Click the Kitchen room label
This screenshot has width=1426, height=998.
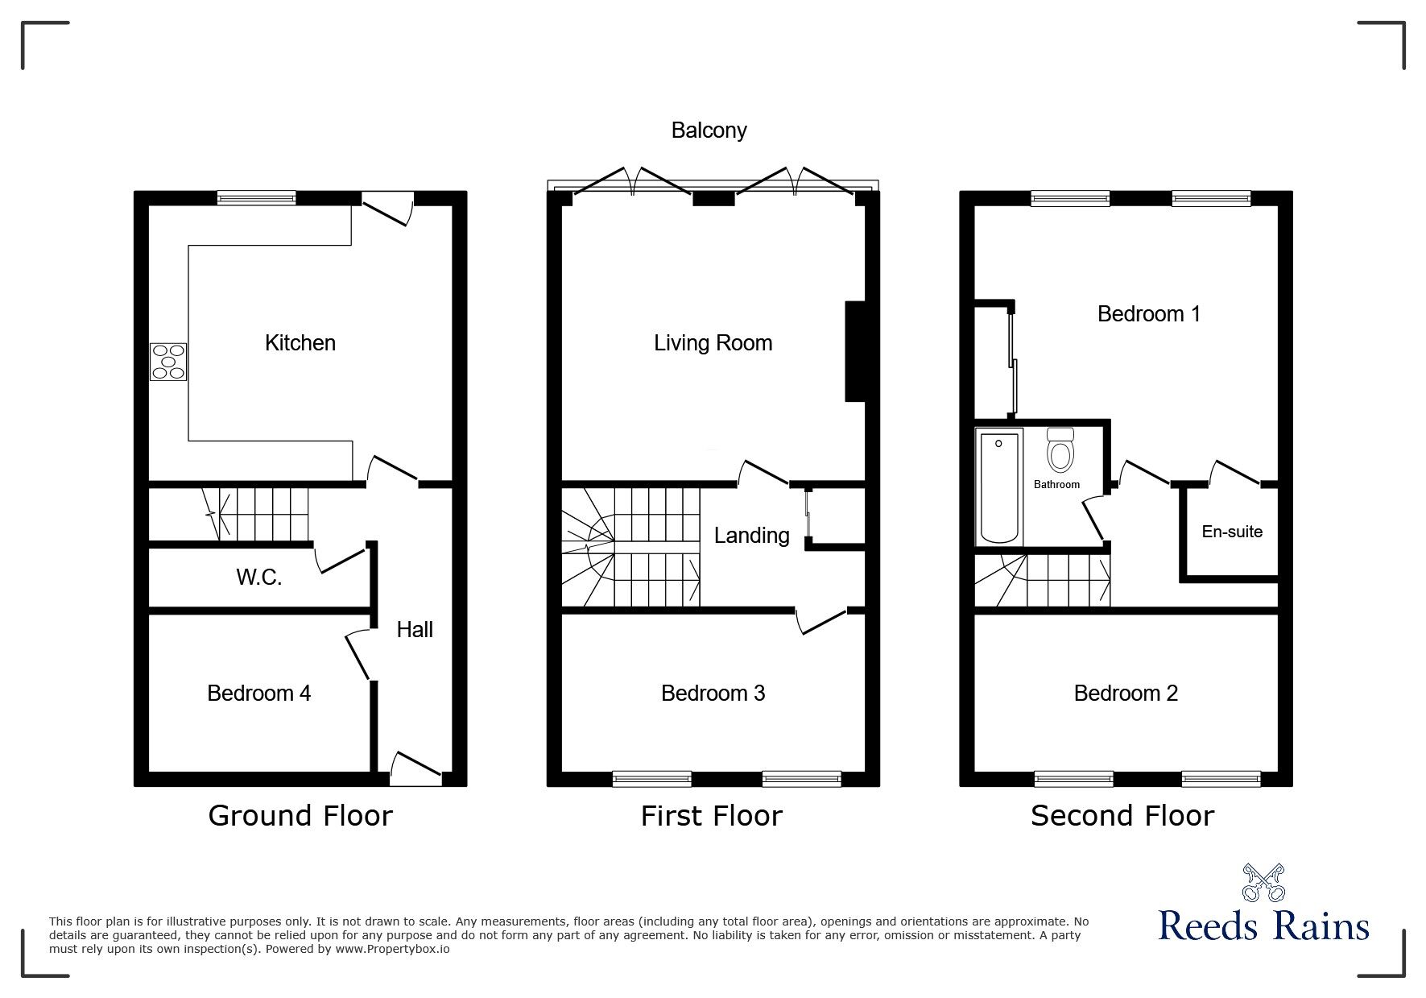tap(300, 343)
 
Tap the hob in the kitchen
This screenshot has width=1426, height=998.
tap(168, 362)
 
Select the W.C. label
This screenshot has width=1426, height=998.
tap(258, 578)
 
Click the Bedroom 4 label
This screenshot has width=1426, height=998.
tap(258, 694)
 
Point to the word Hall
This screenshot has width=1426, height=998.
tap(415, 630)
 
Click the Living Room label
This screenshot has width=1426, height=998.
tap(713, 343)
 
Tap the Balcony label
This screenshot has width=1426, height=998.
tap(709, 130)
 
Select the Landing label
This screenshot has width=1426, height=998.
tap(751, 536)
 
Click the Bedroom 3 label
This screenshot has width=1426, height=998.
tap(713, 694)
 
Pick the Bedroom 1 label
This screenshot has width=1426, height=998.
tap(1148, 314)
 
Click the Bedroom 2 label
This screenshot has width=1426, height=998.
tap(1126, 694)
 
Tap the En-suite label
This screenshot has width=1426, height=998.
tap(1232, 532)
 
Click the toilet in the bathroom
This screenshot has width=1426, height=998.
tap(1060, 451)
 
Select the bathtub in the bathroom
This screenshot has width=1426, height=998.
tap(998, 487)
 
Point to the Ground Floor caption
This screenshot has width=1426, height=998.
tap(300, 816)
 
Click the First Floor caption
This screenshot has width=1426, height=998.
tap(711, 816)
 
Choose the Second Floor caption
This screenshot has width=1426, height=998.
tap(1122, 816)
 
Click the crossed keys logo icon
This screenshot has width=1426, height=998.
tap(1263, 883)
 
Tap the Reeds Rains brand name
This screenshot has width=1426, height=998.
tap(1263, 926)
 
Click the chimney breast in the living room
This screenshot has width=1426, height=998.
tap(854, 351)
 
